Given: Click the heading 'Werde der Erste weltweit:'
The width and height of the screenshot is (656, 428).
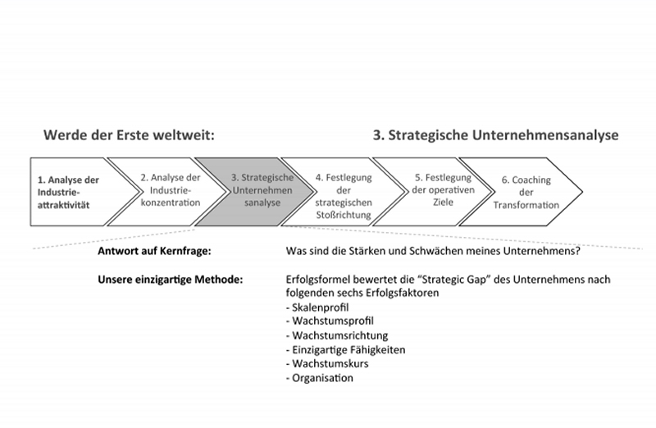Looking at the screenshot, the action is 129,135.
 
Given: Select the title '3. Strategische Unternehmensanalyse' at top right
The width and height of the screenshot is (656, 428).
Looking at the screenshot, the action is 496,135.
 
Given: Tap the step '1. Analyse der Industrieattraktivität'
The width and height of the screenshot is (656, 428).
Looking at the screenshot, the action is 69,192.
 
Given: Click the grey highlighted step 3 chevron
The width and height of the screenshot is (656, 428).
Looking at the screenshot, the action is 256,192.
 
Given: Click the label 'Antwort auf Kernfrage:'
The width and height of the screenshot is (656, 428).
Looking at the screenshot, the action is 154,251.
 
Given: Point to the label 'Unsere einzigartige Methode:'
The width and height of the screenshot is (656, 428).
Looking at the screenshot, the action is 171,279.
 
